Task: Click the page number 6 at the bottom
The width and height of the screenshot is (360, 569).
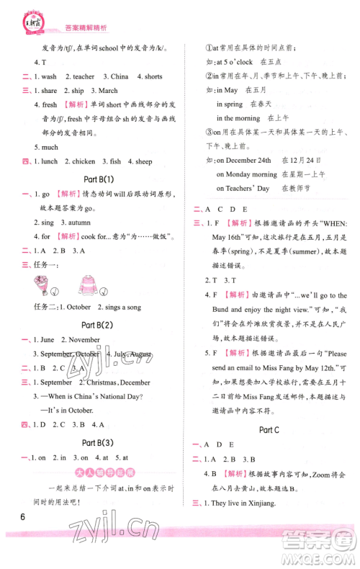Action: coord(24,517)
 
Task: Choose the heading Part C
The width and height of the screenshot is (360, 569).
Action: coord(269,430)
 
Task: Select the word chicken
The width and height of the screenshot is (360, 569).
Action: coord(84,161)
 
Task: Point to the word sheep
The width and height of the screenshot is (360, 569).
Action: coord(163,161)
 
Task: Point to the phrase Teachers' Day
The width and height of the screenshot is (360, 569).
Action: coord(243,188)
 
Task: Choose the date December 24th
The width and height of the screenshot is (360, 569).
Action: coord(244,160)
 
